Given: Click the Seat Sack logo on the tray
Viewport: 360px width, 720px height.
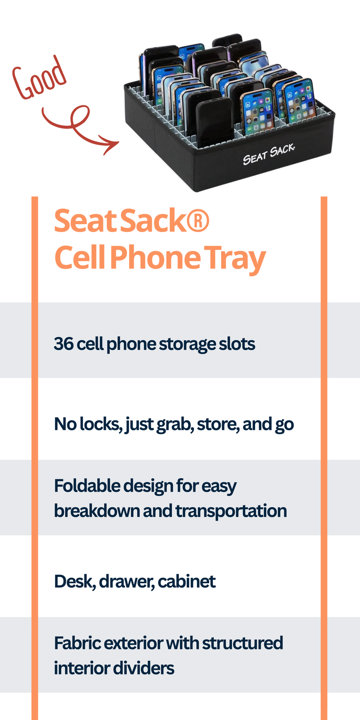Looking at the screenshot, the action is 268,154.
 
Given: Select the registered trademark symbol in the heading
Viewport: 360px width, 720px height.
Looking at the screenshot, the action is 197,221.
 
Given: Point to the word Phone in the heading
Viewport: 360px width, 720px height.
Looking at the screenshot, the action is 155,257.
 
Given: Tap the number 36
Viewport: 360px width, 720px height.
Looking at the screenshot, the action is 64,344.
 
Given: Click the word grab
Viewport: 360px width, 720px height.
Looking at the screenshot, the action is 175,425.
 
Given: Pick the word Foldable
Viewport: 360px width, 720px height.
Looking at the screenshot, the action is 87,485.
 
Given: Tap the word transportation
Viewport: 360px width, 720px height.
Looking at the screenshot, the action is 231,511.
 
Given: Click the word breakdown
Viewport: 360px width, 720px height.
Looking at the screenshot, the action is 97,510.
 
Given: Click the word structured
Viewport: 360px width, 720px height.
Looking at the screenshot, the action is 243,643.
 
